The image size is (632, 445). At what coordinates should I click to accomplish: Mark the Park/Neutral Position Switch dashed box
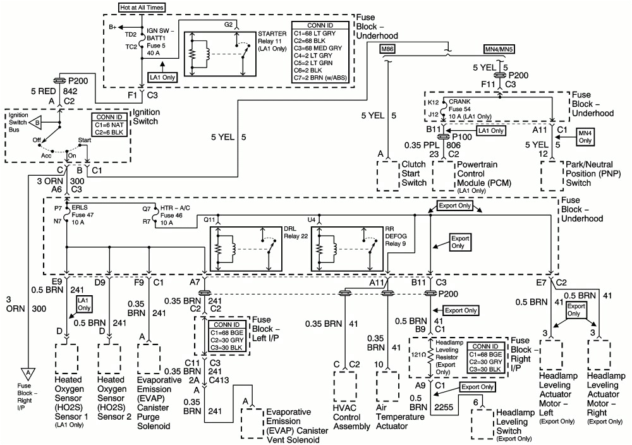tap(552, 174)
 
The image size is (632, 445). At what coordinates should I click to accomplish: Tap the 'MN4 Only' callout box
tap(585, 136)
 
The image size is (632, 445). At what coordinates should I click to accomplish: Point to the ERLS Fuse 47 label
tap(83, 215)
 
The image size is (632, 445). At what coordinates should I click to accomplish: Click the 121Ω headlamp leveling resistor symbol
tap(430, 357)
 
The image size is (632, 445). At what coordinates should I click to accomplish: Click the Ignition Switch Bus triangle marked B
tap(37, 121)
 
